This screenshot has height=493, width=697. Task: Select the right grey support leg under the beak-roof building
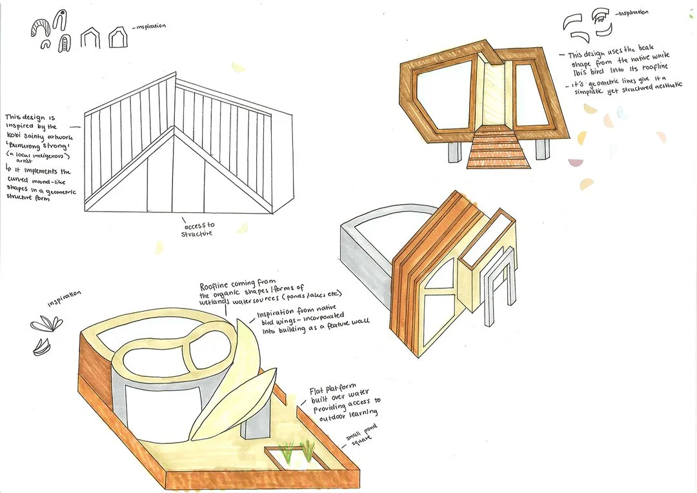(x=541, y=149)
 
